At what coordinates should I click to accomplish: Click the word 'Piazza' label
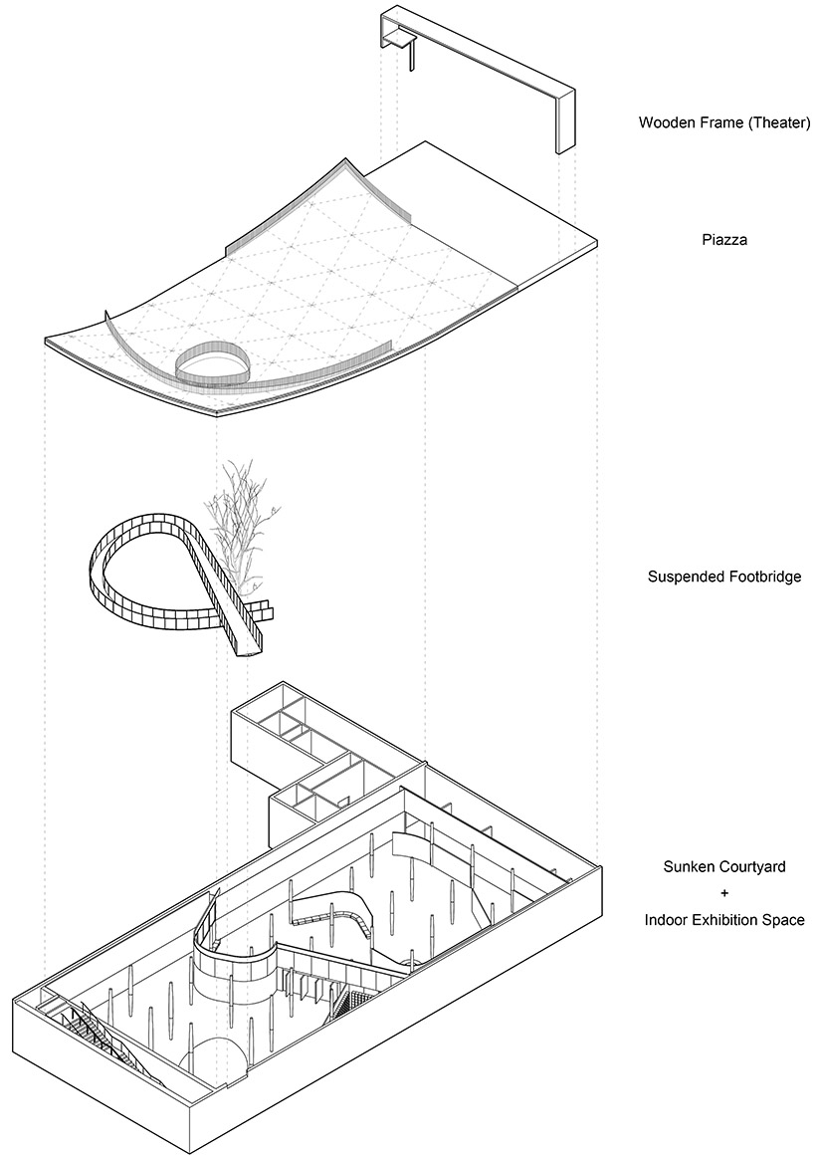click(723, 240)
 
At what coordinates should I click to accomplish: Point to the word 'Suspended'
click(683, 576)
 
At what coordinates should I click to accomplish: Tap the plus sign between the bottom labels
click(723, 893)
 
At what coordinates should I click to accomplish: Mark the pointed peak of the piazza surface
click(346, 159)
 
